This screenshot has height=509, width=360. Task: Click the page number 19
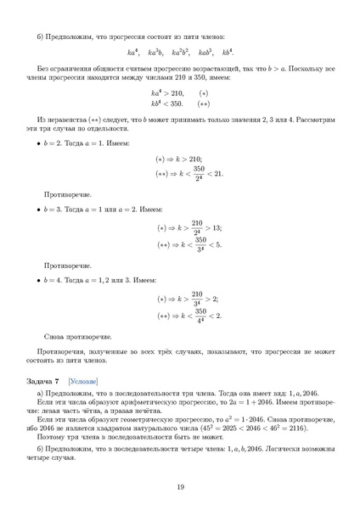[180, 485]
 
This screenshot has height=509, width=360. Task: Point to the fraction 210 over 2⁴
[200, 228]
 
